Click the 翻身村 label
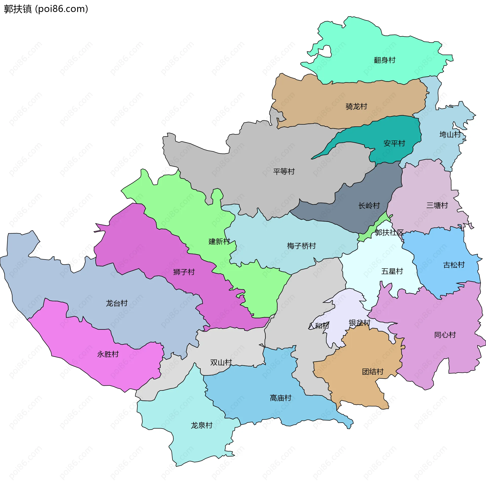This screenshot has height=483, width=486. point(384,60)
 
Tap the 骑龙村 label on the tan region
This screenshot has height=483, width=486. point(356,106)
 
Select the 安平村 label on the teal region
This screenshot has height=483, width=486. point(394,143)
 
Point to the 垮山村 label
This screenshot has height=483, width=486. point(450,134)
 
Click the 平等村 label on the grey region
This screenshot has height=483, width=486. point(284,171)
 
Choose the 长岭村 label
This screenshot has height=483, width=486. point(369,205)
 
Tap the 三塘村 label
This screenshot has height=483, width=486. point(437,205)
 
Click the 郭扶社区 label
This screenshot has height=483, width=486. point(389,232)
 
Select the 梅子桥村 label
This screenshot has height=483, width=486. point(301,246)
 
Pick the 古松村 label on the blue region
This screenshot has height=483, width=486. point(454,265)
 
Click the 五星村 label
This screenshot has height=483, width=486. point(392,271)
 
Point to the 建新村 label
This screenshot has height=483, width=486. point(219,241)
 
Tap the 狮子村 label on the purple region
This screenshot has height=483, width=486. point(184,272)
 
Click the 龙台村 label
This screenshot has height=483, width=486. point(116,303)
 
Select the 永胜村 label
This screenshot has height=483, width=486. point(108,354)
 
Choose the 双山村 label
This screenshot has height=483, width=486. point(221,362)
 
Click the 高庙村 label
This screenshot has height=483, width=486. point(280,398)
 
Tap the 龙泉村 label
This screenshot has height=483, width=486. point(201,425)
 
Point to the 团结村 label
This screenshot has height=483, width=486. point(373,372)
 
